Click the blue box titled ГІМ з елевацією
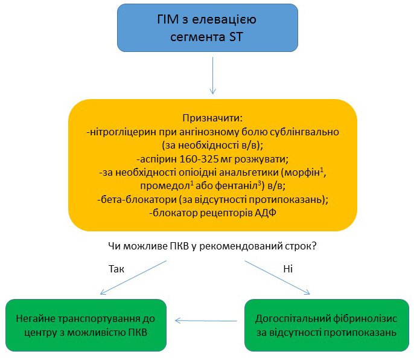click(x=207, y=28)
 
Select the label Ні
click(x=287, y=269)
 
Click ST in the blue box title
click(x=237, y=36)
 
